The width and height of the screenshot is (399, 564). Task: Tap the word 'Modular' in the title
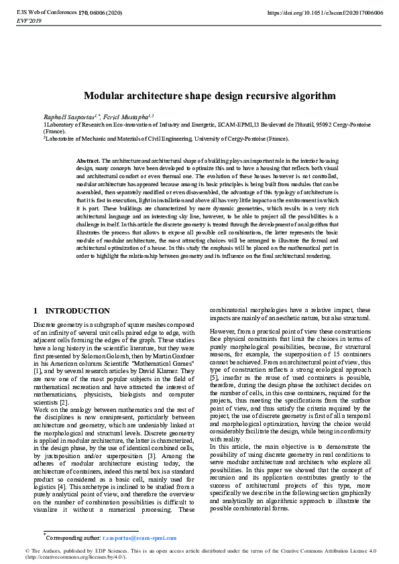pos(105,96)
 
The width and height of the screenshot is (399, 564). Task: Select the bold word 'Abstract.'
pos(88,161)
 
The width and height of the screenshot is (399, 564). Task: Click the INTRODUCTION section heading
pos(77,311)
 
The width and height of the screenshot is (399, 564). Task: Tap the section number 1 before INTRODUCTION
pos(36,311)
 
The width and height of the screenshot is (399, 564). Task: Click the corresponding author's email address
pos(139,537)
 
